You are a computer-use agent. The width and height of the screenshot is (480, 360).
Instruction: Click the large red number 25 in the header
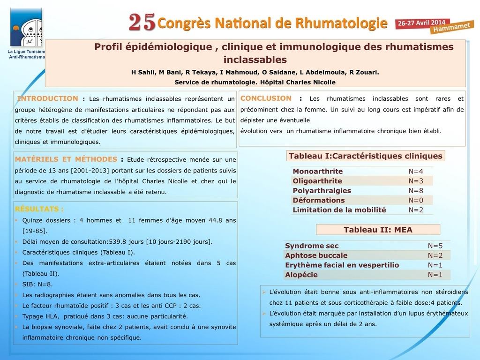point(142,22)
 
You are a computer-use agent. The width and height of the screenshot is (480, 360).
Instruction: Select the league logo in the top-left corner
point(26,27)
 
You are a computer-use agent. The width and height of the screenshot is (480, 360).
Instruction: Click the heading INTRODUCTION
point(48,98)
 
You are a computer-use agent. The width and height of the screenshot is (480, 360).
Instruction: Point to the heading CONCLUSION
point(266,98)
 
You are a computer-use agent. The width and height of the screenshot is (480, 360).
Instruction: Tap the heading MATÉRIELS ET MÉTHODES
point(66,159)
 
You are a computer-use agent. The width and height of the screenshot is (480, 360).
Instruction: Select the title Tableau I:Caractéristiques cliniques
point(366,156)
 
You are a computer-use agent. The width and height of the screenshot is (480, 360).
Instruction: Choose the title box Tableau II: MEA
point(378,230)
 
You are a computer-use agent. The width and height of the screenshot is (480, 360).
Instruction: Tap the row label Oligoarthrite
point(317,181)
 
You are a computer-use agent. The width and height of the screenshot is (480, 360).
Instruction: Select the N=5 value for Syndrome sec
point(435,246)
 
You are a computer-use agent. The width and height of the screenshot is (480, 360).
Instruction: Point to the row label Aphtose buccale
point(316,255)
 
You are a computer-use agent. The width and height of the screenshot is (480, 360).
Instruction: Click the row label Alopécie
point(301,275)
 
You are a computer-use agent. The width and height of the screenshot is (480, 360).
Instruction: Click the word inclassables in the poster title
point(255,60)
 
